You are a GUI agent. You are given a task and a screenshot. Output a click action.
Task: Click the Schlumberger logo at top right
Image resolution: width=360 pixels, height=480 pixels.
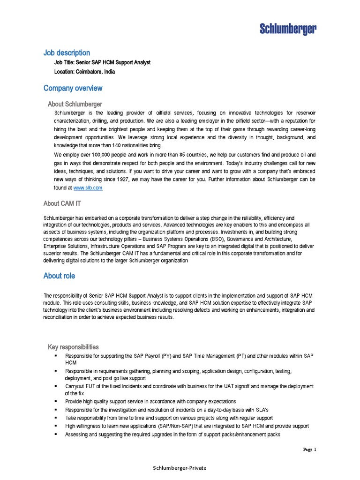coord(288,30)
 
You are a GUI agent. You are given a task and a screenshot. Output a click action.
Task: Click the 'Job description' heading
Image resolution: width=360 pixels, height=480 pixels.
coord(67,53)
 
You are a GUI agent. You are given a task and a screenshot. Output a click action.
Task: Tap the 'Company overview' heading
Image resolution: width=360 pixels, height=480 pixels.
coord(73,88)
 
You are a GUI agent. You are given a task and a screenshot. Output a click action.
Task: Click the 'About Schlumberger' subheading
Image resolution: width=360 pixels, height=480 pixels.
coord(75,104)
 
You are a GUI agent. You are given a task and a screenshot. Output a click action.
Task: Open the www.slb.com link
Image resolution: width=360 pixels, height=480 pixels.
coord(88,187)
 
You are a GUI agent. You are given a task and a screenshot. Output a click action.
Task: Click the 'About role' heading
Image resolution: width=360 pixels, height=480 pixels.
coord(59,276)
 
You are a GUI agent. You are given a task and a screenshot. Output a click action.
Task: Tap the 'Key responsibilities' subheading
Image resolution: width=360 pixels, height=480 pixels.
coord(73,347)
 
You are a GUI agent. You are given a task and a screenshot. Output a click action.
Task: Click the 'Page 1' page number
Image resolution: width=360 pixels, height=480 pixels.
coord(309,450)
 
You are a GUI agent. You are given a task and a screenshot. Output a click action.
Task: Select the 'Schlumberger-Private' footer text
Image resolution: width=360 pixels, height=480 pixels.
coord(180,468)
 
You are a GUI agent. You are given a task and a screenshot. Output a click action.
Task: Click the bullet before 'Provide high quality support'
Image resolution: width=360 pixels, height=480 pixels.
coord(55,402)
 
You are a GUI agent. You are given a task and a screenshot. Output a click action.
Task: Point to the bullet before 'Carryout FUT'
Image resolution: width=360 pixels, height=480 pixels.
coord(55,386)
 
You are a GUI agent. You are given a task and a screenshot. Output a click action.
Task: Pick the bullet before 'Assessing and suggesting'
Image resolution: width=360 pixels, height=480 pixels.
coord(55,434)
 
